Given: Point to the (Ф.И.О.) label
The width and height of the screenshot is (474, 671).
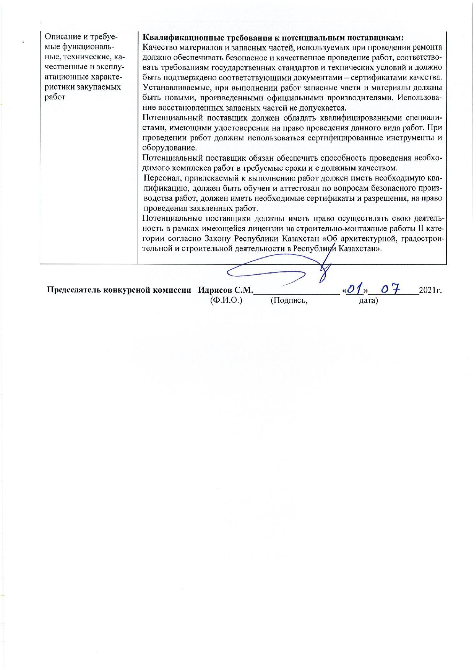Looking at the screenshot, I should click(x=226, y=301).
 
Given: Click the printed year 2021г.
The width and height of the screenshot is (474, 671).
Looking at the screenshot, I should click(x=430, y=290).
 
